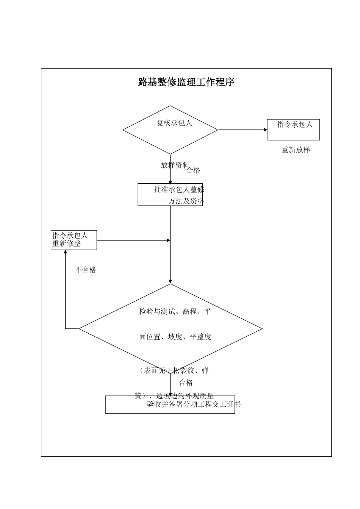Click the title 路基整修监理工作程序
click(x=186, y=82)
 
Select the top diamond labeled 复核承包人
click(x=170, y=130)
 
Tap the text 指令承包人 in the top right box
click(x=294, y=125)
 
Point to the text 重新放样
click(x=296, y=150)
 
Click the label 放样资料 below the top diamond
click(x=175, y=165)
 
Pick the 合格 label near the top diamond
click(x=193, y=170)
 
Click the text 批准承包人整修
click(x=179, y=190)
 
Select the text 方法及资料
click(x=186, y=201)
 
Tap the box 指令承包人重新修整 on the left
click(x=74, y=240)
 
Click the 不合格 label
click(x=86, y=270)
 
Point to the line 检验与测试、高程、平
click(x=175, y=312)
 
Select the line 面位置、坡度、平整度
click(x=175, y=337)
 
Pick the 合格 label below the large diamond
click(x=186, y=383)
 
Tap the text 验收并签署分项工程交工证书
click(x=194, y=404)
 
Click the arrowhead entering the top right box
click(x=266, y=130)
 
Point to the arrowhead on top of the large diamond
click(x=171, y=281)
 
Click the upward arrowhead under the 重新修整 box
click(x=66, y=252)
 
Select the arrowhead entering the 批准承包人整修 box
click(x=171, y=181)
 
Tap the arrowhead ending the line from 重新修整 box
click(x=168, y=240)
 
